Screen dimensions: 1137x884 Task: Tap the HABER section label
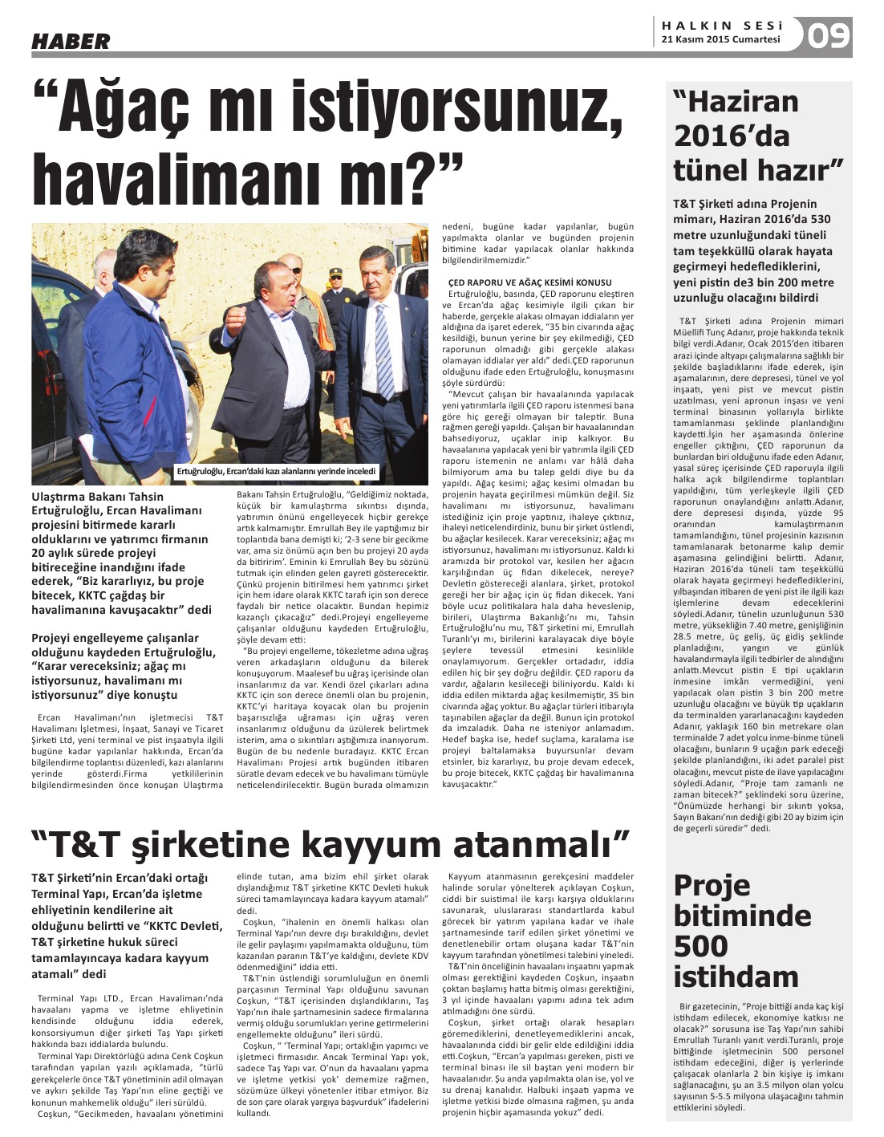[71, 41]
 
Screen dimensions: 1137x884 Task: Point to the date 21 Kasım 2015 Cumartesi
[720, 39]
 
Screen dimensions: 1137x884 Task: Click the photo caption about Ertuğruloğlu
[276, 471]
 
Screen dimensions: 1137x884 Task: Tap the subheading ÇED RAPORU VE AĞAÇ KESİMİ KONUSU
[529, 282]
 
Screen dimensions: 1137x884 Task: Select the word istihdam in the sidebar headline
[736, 977]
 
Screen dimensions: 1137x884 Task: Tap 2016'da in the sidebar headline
[720, 136]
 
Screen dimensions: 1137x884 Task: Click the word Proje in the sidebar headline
[712, 885]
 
